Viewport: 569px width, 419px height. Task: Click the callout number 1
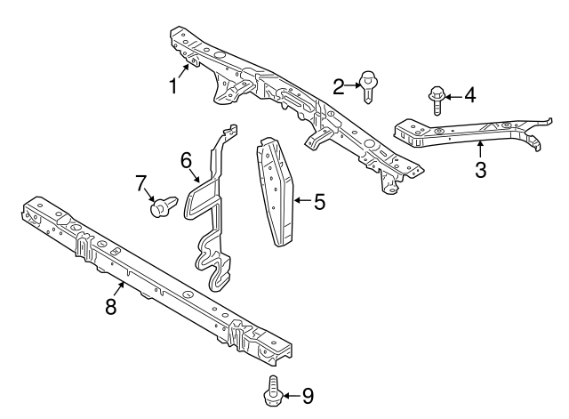tap(174, 86)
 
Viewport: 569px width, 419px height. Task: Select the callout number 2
tap(339, 87)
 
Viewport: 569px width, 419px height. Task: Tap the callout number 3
tap(480, 170)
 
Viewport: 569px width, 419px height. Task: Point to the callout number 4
tap(469, 95)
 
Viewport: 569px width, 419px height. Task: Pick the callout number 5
tap(319, 202)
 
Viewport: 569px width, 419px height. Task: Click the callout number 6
tap(186, 160)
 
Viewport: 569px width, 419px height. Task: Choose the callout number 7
tap(141, 183)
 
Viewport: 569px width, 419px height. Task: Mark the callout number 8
tap(111, 307)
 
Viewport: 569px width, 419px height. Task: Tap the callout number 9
tap(308, 396)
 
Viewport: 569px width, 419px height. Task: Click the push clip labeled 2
tap(367, 87)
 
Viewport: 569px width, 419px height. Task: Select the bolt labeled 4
tap(437, 101)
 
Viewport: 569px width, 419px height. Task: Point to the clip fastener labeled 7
tap(164, 206)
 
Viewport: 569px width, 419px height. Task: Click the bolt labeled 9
tap(273, 391)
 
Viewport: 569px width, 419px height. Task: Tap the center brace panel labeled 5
tap(275, 191)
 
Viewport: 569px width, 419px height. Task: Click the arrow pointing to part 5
tap(302, 200)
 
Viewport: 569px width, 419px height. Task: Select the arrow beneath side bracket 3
tap(480, 149)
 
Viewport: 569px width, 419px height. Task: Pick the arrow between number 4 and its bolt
tap(453, 97)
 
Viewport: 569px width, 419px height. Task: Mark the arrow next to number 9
tap(291, 395)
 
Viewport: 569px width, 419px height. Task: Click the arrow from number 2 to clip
tap(352, 85)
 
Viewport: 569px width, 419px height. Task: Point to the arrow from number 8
tap(119, 289)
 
